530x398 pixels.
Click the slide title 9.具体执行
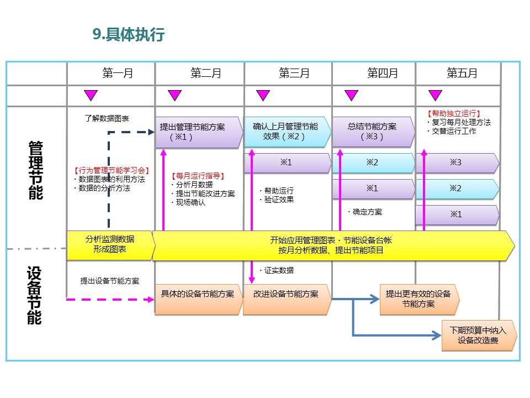129,35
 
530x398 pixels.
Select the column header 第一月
118,74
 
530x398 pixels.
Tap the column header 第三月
294,74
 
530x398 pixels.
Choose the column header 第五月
462,74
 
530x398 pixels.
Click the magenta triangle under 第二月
174,95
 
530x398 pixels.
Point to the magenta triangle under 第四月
351,95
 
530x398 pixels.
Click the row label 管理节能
35,170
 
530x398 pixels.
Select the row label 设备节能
35,296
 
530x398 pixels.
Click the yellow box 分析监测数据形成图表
109,244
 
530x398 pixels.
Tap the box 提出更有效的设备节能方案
418,299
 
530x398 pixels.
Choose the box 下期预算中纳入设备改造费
478,336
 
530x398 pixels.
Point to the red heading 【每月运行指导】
199,176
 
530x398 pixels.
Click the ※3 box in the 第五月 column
456,163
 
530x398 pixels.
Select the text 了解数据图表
107,118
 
